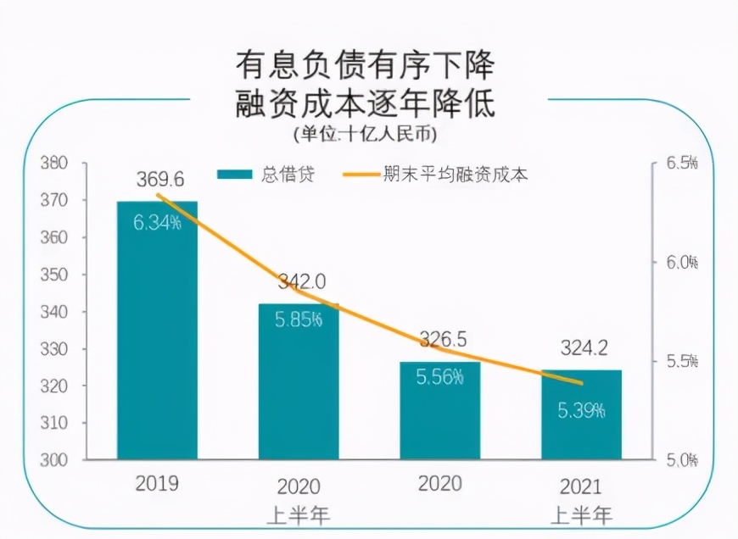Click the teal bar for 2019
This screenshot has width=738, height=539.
click(157, 331)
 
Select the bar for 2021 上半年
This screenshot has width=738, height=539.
click(581, 414)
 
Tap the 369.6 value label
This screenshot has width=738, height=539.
click(160, 179)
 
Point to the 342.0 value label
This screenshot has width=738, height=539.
click(302, 281)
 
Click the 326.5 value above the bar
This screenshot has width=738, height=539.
click(443, 339)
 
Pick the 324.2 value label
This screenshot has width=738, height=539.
click(584, 348)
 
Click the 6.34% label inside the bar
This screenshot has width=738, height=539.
click(157, 222)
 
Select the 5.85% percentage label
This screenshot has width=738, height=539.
click(299, 320)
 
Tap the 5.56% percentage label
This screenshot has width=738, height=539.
click(440, 377)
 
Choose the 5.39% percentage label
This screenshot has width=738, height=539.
click(581, 410)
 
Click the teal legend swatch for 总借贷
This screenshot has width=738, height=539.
click(235, 174)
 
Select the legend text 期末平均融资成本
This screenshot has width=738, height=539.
click(456, 174)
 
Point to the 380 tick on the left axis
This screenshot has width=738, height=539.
click(54, 164)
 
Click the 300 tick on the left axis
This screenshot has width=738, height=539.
click(54, 460)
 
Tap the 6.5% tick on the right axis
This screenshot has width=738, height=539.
click(682, 163)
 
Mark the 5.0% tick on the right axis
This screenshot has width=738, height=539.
click(682, 460)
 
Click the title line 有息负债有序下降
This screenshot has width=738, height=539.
click(365, 65)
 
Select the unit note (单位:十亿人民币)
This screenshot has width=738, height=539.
click(365, 134)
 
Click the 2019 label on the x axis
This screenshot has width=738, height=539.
click(157, 483)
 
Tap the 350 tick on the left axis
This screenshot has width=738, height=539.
click(54, 275)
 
